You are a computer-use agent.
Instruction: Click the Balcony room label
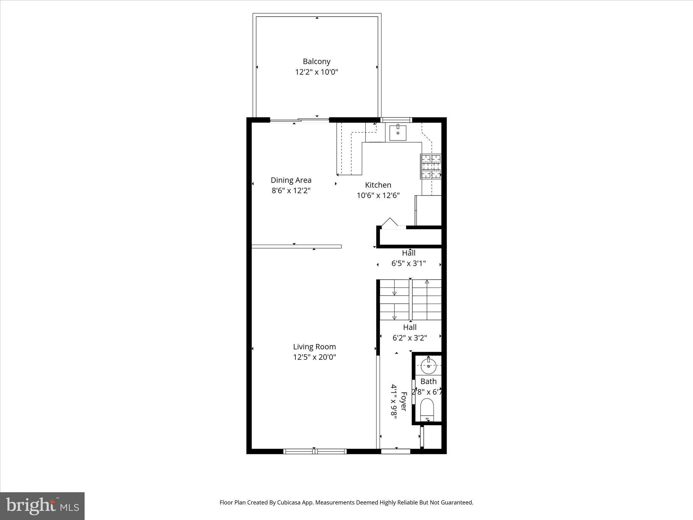pyautogui.click(x=316, y=62)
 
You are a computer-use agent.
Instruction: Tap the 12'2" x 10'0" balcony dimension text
pyautogui.click(x=316, y=72)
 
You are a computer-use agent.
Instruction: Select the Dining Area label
pyautogui.click(x=291, y=180)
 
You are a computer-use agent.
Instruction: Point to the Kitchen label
pyautogui.click(x=378, y=185)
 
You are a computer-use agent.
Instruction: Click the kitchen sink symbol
pyautogui.click(x=398, y=132)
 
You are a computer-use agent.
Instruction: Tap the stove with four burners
pyautogui.click(x=430, y=166)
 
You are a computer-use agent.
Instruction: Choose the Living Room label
pyautogui.click(x=314, y=347)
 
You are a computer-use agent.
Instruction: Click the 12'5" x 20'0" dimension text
pyautogui.click(x=314, y=357)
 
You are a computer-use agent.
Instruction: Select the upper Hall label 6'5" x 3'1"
pyautogui.click(x=409, y=258)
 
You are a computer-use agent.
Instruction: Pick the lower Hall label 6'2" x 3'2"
pyautogui.click(x=409, y=332)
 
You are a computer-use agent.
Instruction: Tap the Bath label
pyautogui.click(x=428, y=382)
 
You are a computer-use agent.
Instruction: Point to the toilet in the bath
pyautogui.click(x=427, y=409)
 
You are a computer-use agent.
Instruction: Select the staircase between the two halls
pyautogui.click(x=410, y=300)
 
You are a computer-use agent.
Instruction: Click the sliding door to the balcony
pyautogui.click(x=299, y=120)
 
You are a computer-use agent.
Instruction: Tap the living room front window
pyautogui.click(x=315, y=451)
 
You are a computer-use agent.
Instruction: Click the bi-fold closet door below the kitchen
pyautogui.click(x=390, y=223)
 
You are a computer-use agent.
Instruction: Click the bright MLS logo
pyautogui.click(x=42, y=506)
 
